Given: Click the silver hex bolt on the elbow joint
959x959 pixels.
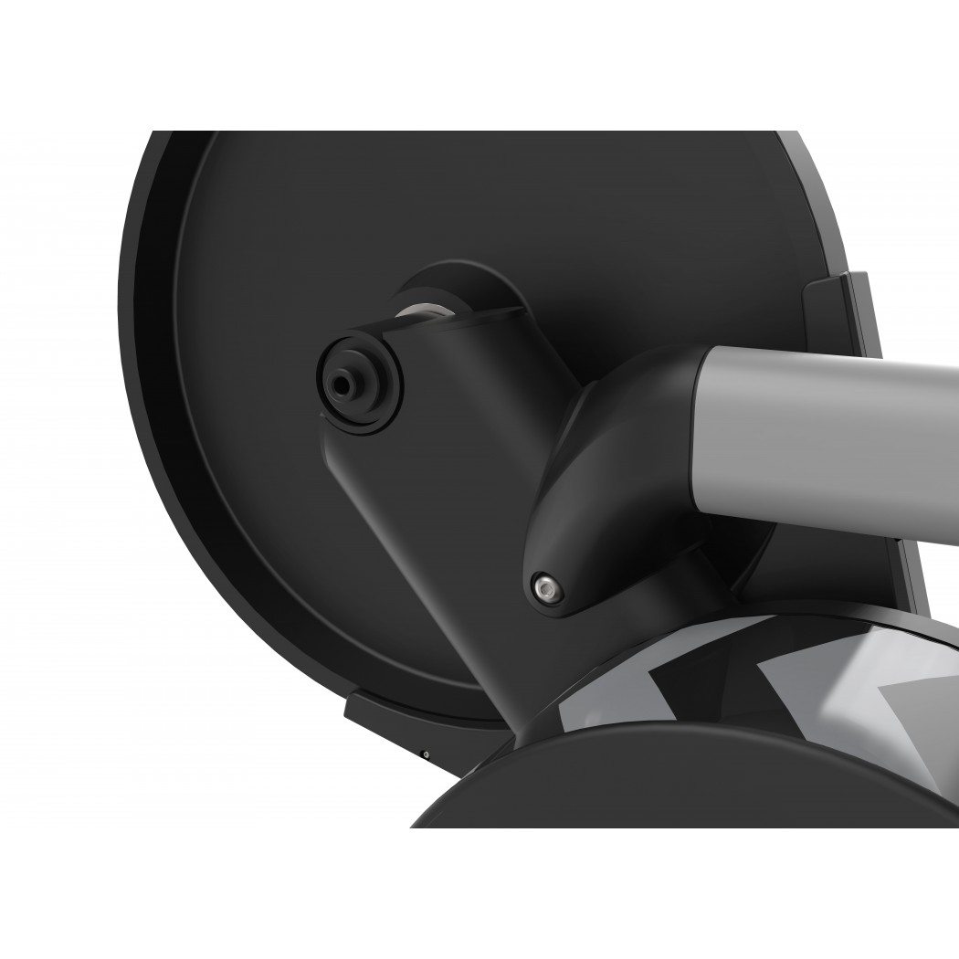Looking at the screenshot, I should (x=545, y=586).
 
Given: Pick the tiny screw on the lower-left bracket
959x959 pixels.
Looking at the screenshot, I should (x=426, y=754).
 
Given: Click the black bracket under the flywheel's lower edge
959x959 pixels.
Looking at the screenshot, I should (x=384, y=717).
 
